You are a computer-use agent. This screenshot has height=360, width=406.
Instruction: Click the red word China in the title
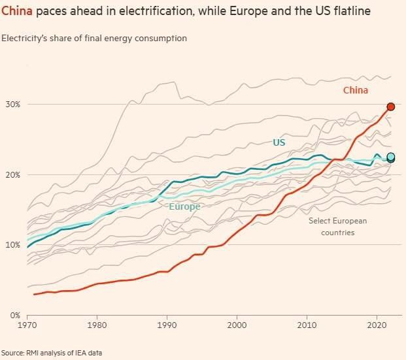tap(14, 12)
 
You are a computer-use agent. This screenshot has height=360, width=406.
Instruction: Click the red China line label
tap(356, 91)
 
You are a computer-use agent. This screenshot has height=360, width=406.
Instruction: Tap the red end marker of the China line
tap(390, 106)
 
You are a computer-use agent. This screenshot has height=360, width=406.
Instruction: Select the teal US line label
tap(279, 142)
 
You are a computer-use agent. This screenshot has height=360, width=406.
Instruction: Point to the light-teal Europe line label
tap(184, 207)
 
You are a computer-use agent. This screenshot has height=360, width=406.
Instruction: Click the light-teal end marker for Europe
tap(391, 157)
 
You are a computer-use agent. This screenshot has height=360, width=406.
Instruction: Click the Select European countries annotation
tap(338, 227)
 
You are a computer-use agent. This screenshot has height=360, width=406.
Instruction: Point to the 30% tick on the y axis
tap(13, 105)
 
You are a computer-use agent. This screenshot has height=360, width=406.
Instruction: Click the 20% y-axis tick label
tap(13, 175)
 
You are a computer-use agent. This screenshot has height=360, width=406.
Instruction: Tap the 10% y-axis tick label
tap(13, 245)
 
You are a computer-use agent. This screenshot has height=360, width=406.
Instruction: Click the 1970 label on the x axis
tap(27, 324)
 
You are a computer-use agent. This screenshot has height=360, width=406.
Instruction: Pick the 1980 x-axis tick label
tap(97, 324)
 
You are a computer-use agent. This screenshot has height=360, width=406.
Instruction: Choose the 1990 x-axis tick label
tap(167, 324)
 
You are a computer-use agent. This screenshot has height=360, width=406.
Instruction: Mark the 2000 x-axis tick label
tap(237, 324)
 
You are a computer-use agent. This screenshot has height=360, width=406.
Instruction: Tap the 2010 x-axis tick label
tap(307, 324)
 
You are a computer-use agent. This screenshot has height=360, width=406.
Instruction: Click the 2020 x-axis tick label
tap(377, 324)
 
